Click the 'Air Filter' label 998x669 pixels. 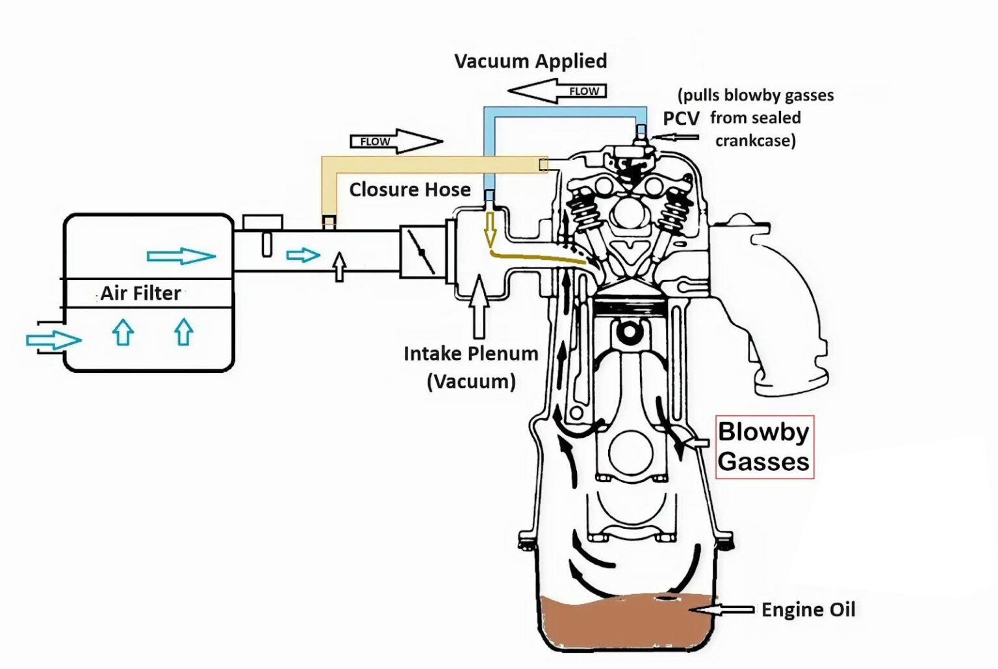click(x=140, y=293)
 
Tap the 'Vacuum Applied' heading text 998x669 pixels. click(x=530, y=61)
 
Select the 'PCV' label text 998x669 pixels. click(x=681, y=118)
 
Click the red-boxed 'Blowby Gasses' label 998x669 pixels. click(x=764, y=447)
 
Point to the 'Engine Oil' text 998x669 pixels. click(x=808, y=610)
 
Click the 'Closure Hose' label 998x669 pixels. click(x=409, y=190)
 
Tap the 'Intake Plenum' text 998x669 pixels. click(x=471, y=354)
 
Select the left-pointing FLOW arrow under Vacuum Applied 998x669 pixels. click(x=557, y=91)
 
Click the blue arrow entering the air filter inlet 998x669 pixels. click(x=53, y=340)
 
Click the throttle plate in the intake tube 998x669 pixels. click(x=422, y=253)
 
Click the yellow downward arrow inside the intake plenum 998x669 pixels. click(x=491, y=230)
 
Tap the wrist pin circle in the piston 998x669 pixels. click(x=628, y=333)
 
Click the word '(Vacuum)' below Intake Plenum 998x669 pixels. click(x=471, y=381)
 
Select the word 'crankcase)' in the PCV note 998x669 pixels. click(x=755, y=141)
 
